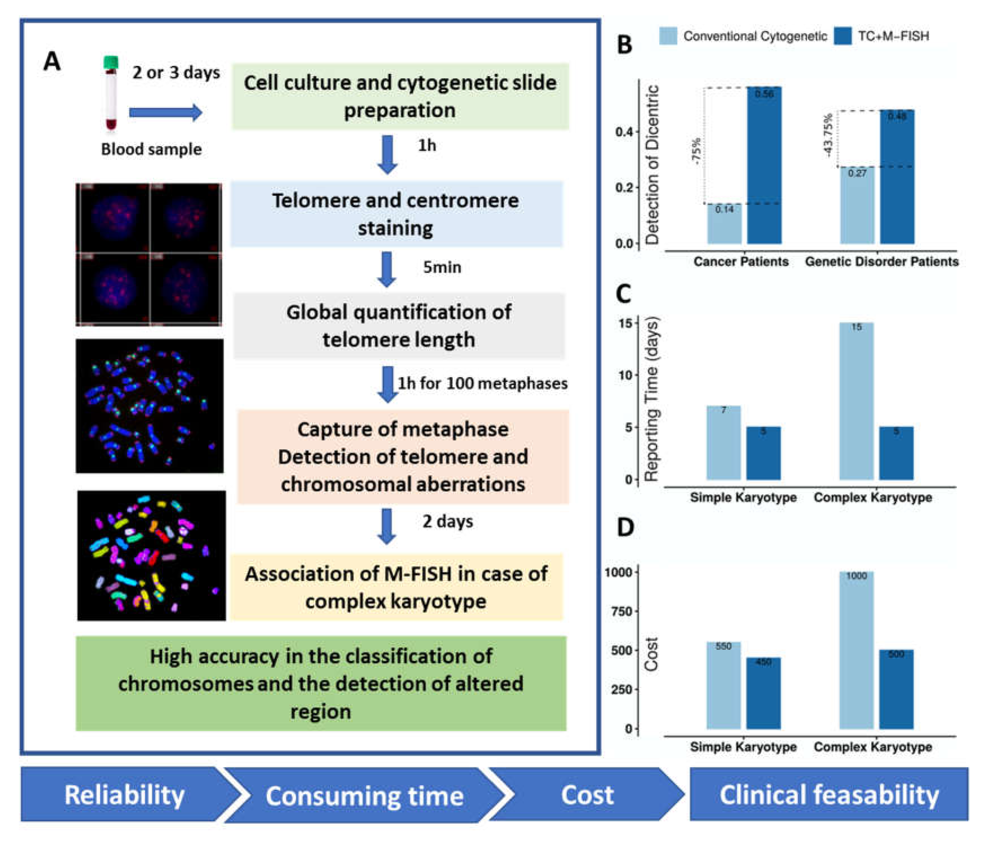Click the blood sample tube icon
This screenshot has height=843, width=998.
coord(111,93)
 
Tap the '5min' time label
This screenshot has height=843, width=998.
coord(442,267)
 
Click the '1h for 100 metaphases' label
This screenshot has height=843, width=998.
coord(483,383)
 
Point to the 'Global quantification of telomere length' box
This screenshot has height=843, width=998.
coord(399,326)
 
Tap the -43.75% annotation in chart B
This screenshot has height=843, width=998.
coord(828,135)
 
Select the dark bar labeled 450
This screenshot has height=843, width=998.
coord(763,693)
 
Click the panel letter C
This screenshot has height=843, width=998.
coord(623,293)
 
